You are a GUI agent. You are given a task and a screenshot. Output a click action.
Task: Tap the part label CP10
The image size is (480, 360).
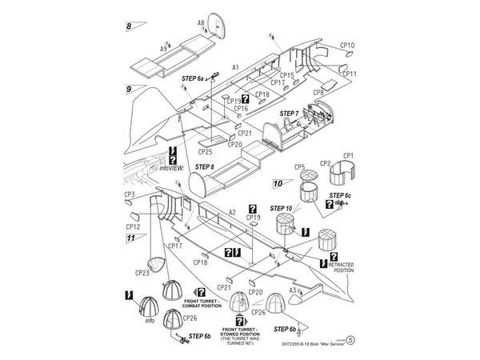pyautogui.click(x=348, y=46)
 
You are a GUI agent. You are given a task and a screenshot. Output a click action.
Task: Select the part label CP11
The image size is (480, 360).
pyautogui.click(x=349, y=74)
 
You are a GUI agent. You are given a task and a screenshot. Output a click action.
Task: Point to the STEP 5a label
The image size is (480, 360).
pyautogui.click(x=194, y=78)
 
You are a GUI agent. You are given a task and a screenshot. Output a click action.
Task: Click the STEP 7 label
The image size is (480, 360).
pyautogui.click(x=289, y=114)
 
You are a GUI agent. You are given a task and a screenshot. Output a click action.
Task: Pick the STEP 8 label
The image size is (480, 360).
pyautogui.click(x=205, y=167)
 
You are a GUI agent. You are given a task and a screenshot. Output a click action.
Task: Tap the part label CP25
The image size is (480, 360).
pyautogui.click(x=205, y=151)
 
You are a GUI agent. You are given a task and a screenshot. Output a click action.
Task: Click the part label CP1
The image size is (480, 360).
pyautogui.click(x=349, y=155)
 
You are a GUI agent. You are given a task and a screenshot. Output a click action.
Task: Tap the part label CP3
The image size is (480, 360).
pyautogui.click(x=129, y=194)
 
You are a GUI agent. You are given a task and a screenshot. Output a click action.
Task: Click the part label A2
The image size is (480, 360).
pyautogui.click(x=232, y=212)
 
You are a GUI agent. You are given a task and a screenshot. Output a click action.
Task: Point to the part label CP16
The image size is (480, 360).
pyautogui.click(x=241, y=109)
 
